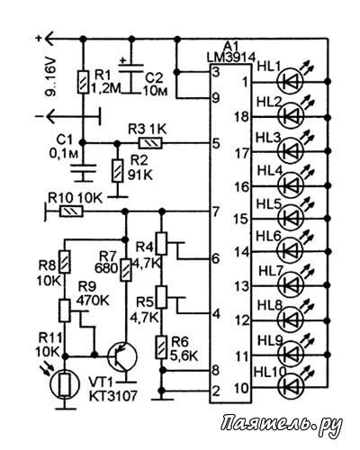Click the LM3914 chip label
(x=231, y=58)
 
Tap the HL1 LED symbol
(x=291, y=81)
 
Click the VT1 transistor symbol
(x=122, y=356)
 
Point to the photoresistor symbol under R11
(x=65, y=383)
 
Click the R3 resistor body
(x=150, y=143)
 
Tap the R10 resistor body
(x=71, y=211)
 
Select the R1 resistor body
(x=83, y=82)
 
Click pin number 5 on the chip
(x=216, y=144)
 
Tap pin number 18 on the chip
(x=242, y=116)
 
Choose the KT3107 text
(x=112, y=396)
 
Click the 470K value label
(x=93, y=301)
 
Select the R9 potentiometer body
(x=65, y=310)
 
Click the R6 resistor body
(x=161, y=347)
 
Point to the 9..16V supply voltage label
(x=51, y=76)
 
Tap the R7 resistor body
(x=126, y=269)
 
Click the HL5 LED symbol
(x=291, y=217)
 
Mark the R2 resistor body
(x=118, y=171)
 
